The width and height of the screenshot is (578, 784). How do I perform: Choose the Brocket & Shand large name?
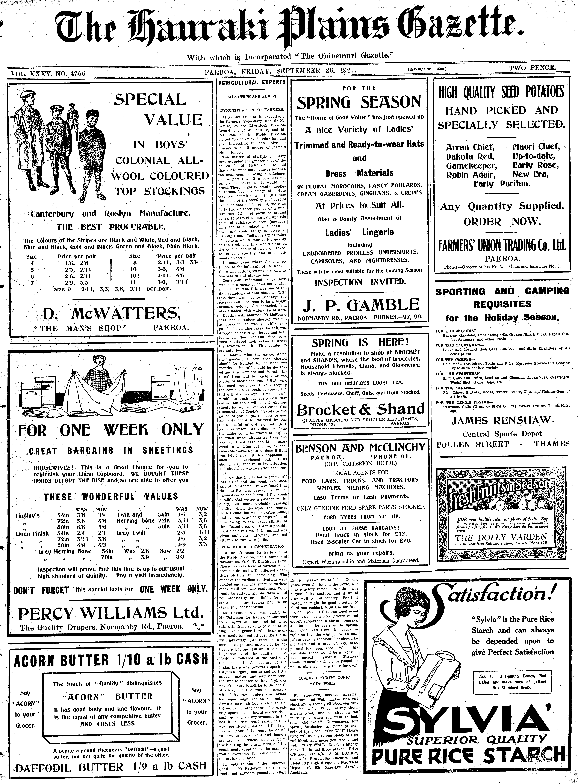tap(360, 409)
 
